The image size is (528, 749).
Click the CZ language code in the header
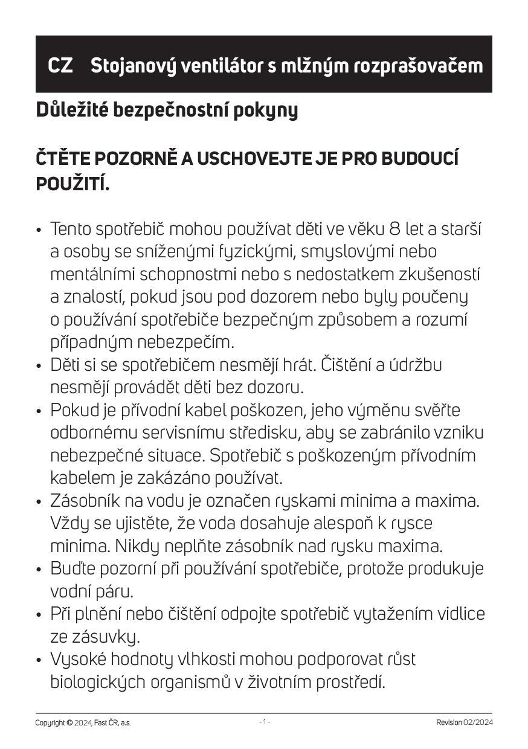click(x=60, y=65)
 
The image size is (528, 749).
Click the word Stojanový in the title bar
click(x=127, y=65)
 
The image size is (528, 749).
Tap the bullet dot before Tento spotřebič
click(x=39, y=231)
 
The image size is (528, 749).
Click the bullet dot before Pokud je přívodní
click(x=39, y=411)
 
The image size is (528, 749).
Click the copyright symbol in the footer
click(x=69, y=722)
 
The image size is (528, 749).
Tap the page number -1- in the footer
click(x=265, y=722)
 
